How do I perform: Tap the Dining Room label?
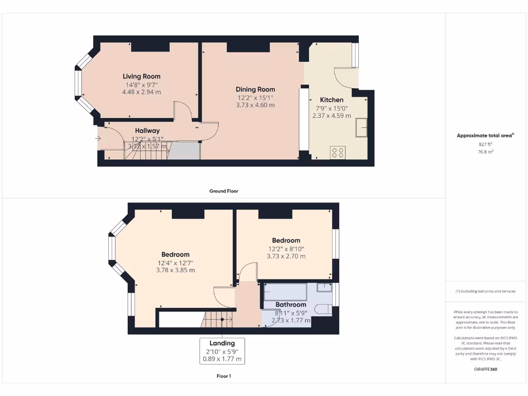(255, 89)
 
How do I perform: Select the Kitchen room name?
(332, 100)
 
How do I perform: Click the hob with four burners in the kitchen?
(338, 152)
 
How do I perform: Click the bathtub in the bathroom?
(285, 291)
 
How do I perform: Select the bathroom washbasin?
(324, 288)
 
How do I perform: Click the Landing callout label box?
(222, 351)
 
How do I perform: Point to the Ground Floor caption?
(224, 191)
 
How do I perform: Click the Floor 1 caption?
(224, 376)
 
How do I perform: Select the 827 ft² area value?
(486, 145)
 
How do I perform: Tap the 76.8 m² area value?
(486, 152)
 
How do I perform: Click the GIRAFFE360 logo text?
(486, 369)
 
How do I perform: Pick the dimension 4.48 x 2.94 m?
(141, 92)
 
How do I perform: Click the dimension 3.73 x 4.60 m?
(255, 105)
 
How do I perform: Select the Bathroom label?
(291, 305)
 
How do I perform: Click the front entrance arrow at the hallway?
(98, 138)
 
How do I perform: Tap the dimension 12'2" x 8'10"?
(286, 248)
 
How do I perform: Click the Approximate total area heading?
(485, 136)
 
